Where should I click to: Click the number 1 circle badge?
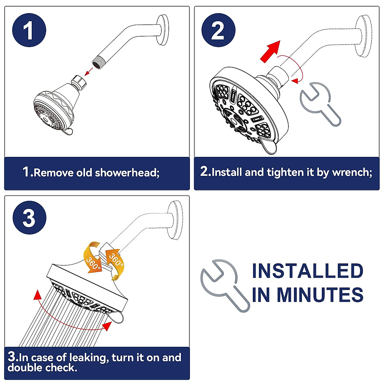click(x=29, y=30)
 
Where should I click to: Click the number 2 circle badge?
click(x=218, y=30)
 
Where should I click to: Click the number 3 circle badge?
click(x=30, y=218)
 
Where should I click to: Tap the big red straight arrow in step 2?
click(x=270, y=52)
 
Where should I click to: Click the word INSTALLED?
click(x=308, y=271)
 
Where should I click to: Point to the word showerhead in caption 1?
click(x=127, y=173)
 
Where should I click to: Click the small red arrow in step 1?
click(x=89, y=72)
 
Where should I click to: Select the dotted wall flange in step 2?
click(x=364, y=36)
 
